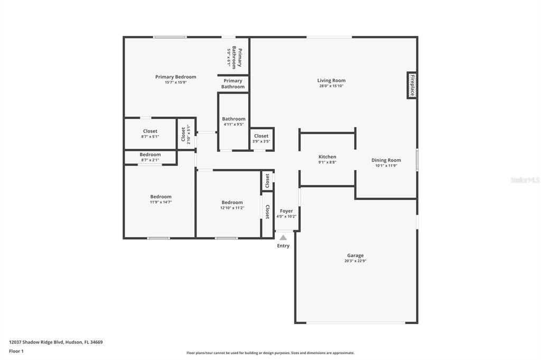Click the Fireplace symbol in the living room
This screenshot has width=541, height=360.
click(412, 85)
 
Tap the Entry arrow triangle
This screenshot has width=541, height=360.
click(283, 238)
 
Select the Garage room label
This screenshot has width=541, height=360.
click(355, 255)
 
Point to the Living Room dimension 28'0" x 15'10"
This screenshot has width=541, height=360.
click(331, 86)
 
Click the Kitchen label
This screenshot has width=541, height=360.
click(327, 157)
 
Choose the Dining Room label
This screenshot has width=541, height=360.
click(386, 160)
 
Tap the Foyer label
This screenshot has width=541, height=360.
click(286, 211)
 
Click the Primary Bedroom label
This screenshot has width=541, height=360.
click(175, 77)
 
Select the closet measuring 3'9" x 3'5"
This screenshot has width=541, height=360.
click(261, 138)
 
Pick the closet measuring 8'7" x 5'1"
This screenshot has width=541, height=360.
click(150, 134)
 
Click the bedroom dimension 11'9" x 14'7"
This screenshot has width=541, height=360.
click(161, 202)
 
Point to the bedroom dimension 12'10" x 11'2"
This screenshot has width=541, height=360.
click(232, 207)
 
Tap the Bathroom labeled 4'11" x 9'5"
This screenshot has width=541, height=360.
click(234, 121)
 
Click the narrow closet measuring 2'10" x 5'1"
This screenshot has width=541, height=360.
click(185, 134)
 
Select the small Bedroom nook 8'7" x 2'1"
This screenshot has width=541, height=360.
click(150, 157)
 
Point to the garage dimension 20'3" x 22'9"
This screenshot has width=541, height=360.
click(355, 261)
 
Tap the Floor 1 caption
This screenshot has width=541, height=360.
click(17, 350)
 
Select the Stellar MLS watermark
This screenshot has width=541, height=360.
click(524, 180)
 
